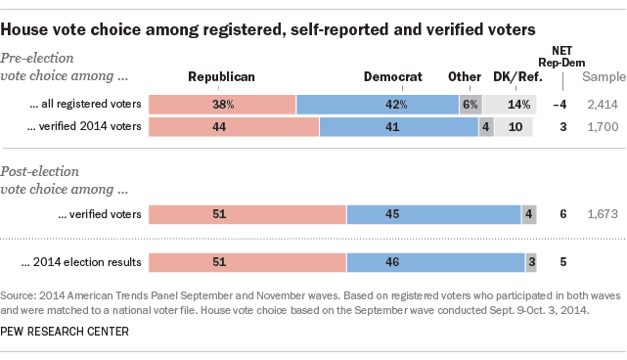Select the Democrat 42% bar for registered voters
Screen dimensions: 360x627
click(377, 104)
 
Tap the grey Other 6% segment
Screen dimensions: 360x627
click(470, 104)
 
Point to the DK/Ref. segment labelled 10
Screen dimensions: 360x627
click(515, 126)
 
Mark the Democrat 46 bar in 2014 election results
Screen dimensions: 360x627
click(436, 261)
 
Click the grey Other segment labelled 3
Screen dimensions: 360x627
click(531, 261)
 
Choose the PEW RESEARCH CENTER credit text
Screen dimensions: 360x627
click(69, 333)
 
